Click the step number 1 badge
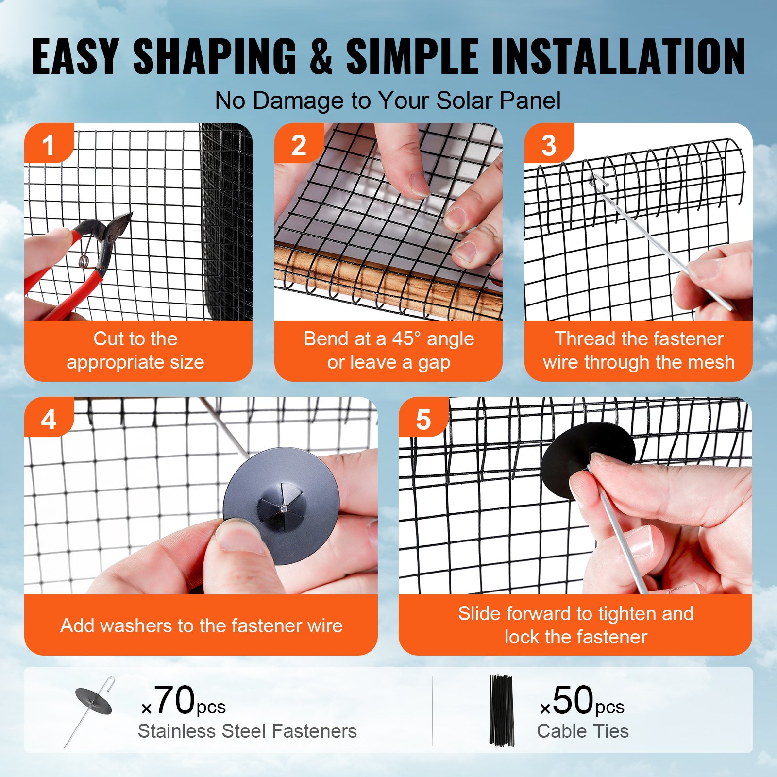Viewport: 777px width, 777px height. [x=48, y=145]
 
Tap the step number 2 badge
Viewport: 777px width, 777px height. [x=298, y=145]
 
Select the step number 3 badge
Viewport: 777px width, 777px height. [x=548, y=145]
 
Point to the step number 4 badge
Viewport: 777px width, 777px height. [x=48, y=419]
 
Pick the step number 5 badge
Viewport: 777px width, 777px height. [x=423, y=419]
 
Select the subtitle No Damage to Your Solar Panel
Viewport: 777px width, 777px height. [x=388, y=101]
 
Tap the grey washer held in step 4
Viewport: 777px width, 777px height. [x=282, y=505]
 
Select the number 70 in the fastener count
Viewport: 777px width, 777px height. [x=174, y=700]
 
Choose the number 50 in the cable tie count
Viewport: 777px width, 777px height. [x=573, y=700]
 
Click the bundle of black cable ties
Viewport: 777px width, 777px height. [x=501, y=709]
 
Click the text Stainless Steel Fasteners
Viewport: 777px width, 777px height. [x=247, y=731]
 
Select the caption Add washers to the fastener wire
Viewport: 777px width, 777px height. [x=201, y=625]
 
